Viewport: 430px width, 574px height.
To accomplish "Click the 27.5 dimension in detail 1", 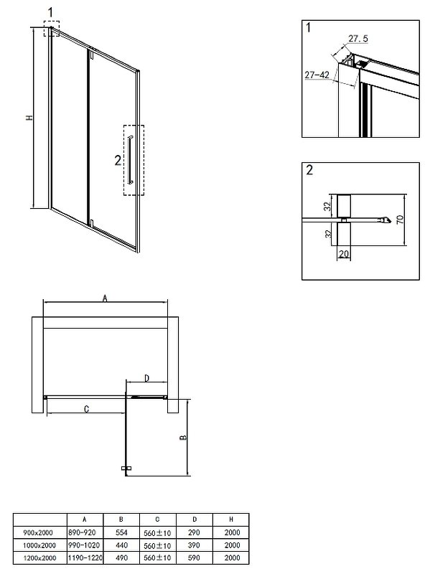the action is click(x=357, y=39).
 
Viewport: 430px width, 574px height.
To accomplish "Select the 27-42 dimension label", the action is click(x=317, y=75).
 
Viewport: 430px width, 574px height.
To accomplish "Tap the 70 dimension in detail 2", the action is click(x=400, y=220).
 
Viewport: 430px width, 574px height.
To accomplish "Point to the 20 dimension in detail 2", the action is click(x=344, y=254).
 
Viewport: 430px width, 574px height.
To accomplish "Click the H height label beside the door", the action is click(x=29, y=118).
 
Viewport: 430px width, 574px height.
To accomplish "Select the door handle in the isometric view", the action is click(x=131, y=159).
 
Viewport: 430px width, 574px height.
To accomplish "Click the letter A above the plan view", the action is click(x=105, y=298).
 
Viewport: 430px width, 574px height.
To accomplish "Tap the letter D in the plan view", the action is click(x=146, y=378).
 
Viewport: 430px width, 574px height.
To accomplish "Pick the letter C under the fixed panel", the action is click(x=86, y=409).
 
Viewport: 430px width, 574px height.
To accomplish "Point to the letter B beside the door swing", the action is click(x=183, y=438).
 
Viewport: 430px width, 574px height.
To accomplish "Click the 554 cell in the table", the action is click(x=121, y=532).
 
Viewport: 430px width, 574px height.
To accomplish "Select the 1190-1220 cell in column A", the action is click(x=85, y=558).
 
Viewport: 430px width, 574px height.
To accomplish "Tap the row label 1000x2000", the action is click(x=39, y=545).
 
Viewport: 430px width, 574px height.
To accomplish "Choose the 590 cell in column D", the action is click(x=194, y=558).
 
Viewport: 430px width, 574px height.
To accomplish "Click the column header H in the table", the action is click(x=230, y=519).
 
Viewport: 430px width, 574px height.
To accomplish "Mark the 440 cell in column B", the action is click(x=121, y=545).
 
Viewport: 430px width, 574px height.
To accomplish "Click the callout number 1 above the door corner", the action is click(x=50, y=12).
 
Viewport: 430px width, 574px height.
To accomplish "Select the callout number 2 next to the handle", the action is click(x=118, y=160).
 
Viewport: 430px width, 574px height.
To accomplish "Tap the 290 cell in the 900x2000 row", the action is click(x=194, y=532).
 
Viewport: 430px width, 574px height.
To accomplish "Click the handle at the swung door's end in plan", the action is click(x=126, y=469).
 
